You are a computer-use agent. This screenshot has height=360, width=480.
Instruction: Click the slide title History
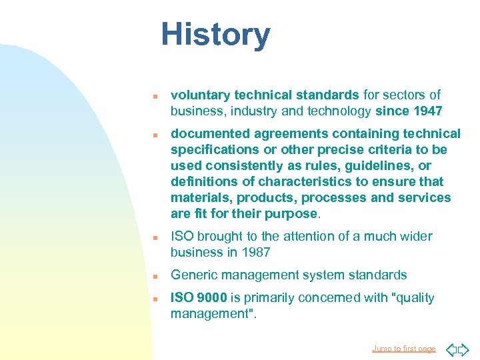215,35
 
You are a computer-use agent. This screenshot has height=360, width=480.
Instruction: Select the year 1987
256,252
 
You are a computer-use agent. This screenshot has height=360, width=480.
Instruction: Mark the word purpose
292,214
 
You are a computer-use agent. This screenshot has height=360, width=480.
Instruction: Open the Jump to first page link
404,349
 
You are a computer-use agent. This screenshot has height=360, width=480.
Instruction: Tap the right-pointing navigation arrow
464,349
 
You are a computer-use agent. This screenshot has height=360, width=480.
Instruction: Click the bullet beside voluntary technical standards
153,95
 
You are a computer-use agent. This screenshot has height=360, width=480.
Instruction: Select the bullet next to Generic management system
153,275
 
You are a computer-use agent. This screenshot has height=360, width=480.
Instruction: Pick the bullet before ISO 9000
153,298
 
